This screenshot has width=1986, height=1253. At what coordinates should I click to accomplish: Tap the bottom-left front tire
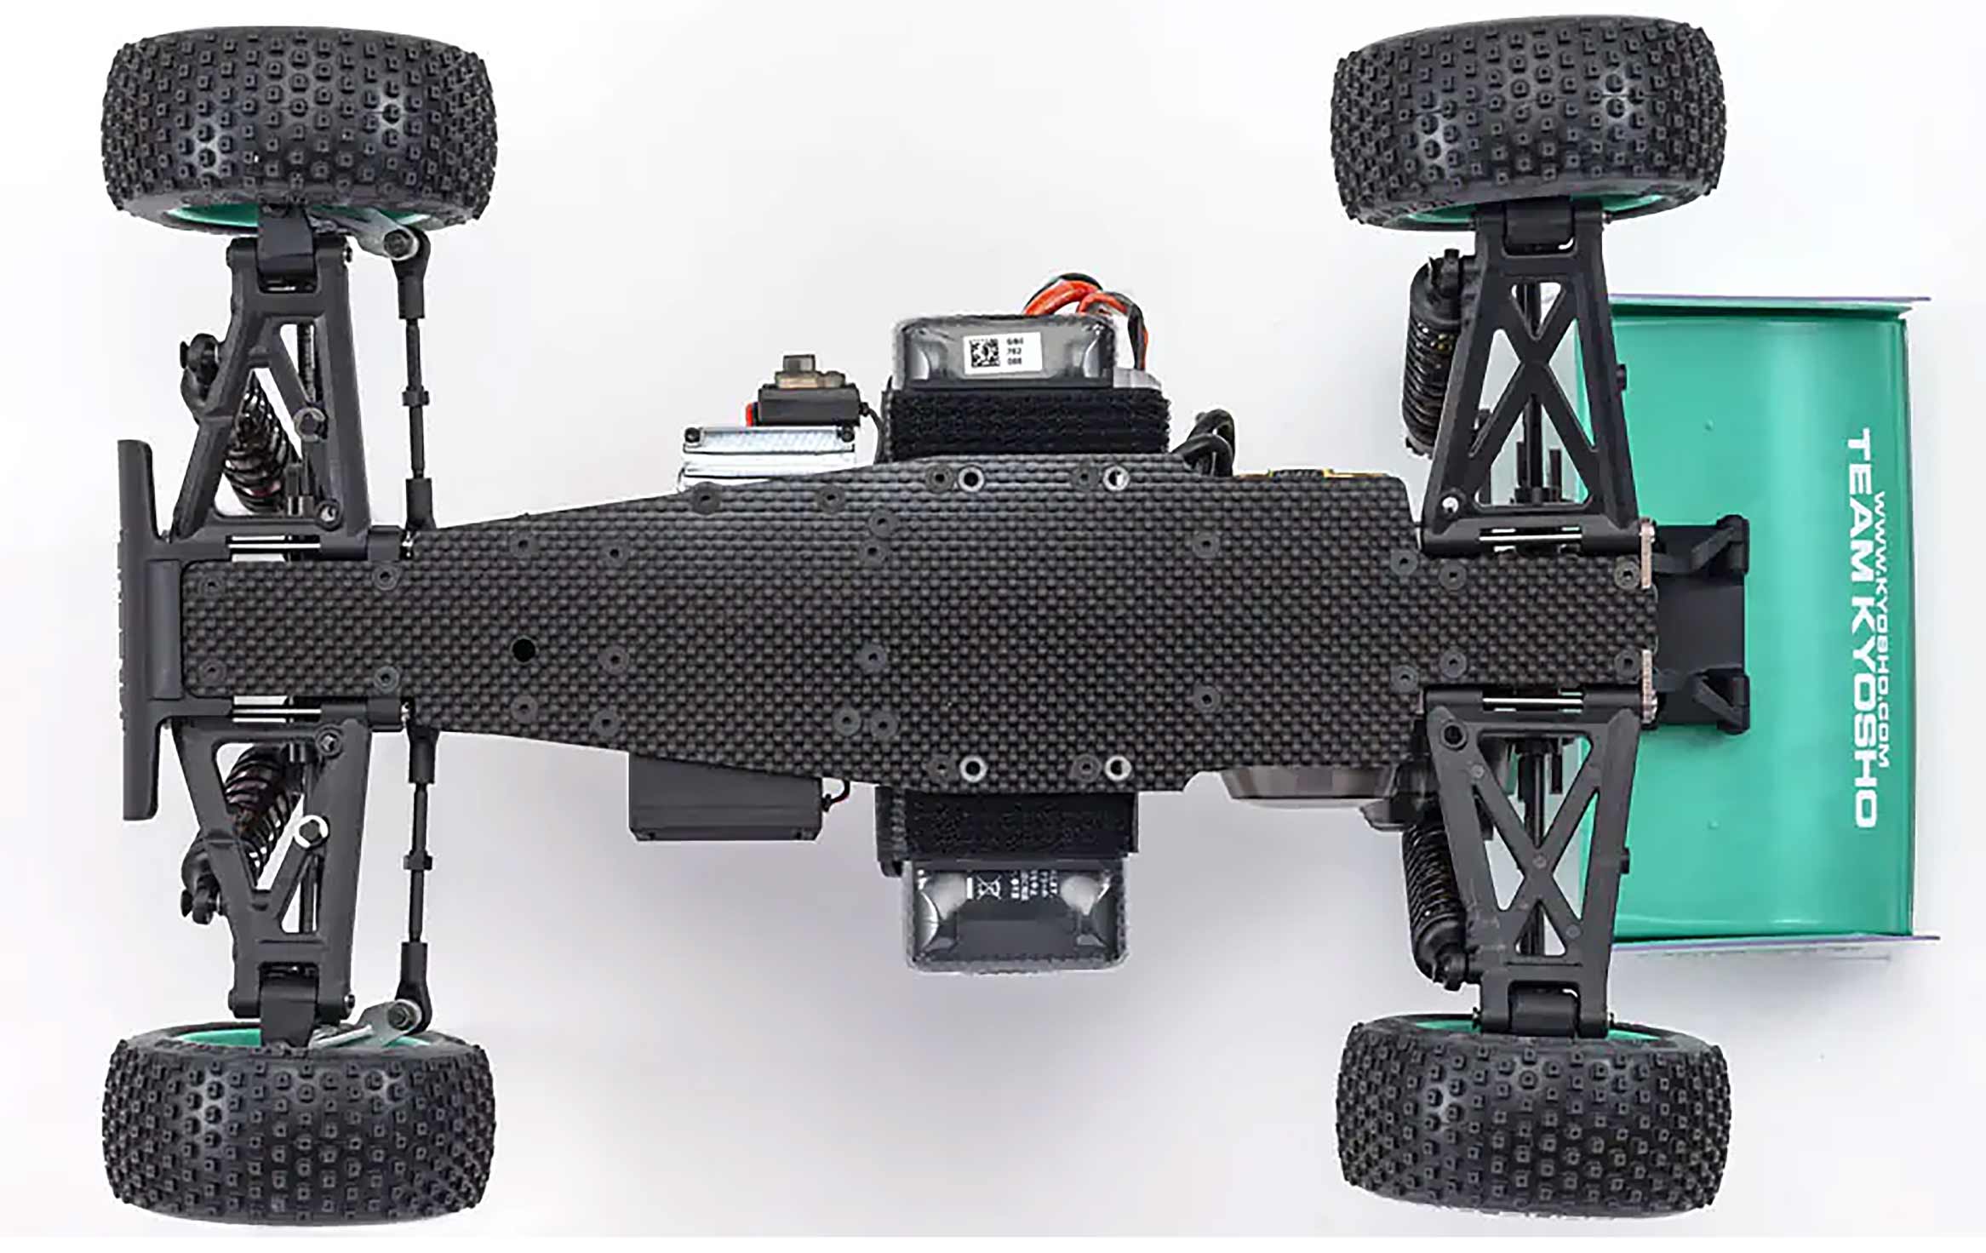point(298,1128)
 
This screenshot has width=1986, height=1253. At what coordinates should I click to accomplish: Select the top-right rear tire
point(1528,119)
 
